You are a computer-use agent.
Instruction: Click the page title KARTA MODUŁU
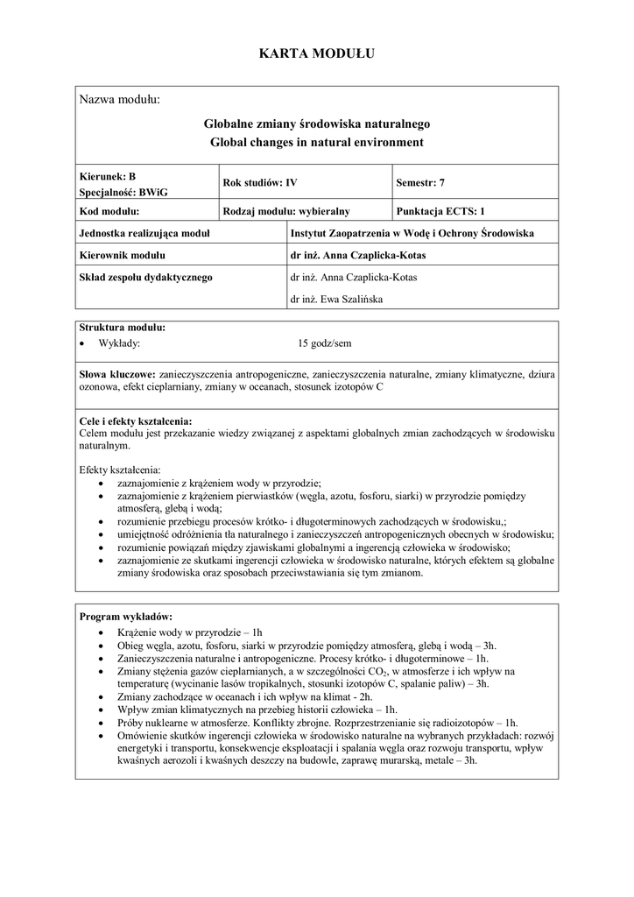tap(317, 54)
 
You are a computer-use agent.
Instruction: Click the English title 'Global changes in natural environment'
tap(317, 141)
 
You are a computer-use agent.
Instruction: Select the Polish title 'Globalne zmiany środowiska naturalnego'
tap(317, 124)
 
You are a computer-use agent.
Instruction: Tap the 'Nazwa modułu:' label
tap(120, 99)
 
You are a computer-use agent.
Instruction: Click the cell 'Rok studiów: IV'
tap(260, 183)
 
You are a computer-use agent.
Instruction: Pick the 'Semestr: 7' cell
tap(420, 183)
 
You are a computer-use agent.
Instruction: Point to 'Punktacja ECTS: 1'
tap(440, 211)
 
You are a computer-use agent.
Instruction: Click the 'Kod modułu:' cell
tap(109, 211)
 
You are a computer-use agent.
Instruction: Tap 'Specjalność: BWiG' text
tap(112, 191)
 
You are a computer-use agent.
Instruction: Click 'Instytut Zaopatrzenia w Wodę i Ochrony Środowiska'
tap(411, 233)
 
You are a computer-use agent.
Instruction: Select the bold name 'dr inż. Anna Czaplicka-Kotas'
tap(361, 256)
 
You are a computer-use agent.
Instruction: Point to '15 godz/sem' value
tap(325, 343)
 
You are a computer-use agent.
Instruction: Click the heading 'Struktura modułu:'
tap(122, 328)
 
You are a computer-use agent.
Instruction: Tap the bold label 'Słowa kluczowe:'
tap(117, 373)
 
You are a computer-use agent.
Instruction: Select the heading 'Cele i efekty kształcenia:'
tap(135, 421)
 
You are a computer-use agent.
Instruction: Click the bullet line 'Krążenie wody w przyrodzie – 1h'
tap(189, 632)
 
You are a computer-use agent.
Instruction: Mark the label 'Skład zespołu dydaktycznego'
tap(145, 278)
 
